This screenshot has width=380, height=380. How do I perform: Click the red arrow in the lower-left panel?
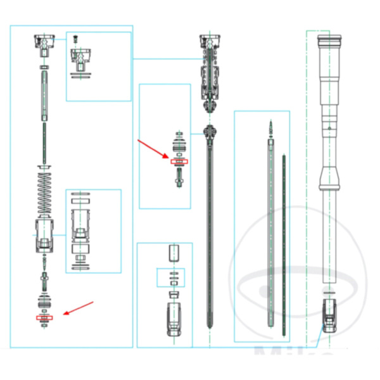(x=79, y=308)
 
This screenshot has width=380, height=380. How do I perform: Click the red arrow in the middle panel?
(x=153, y=151)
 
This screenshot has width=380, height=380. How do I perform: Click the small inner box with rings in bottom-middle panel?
(x=173, y=278)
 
